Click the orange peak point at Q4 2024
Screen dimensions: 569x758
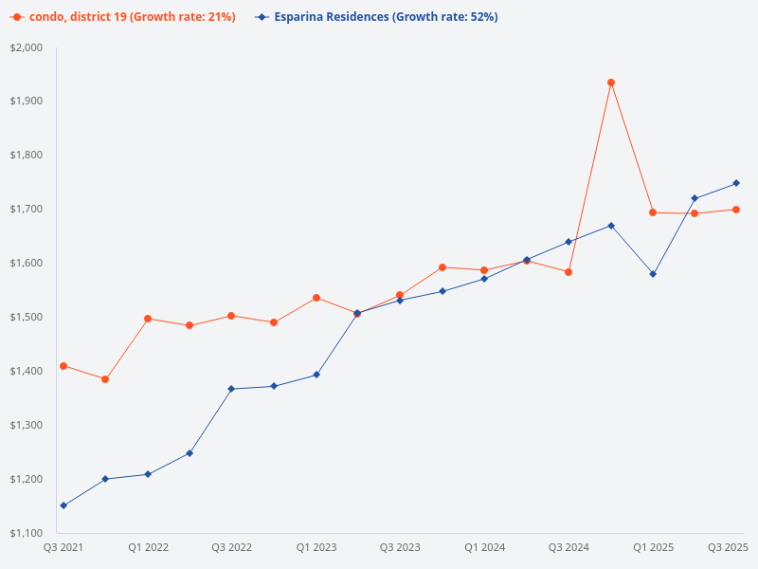click(611, 83)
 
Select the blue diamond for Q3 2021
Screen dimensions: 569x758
click(63, 505)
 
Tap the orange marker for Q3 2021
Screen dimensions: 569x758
click(63, 366)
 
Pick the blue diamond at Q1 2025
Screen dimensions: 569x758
click(653, 274)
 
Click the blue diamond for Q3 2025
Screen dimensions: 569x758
click(737, 183)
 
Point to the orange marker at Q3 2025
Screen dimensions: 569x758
click(737, 210)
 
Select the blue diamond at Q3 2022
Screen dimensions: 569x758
click(231, 389)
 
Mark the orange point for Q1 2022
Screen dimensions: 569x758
click(148, 319)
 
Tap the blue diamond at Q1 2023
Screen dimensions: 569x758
click(316, 375)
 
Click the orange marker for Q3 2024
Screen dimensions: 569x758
click(568, 272)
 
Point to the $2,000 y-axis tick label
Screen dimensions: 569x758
click(27, 47)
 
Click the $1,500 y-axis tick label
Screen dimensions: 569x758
click(27, 317)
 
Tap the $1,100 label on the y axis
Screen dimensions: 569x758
click(27, 533)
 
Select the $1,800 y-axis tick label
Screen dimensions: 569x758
click(27, 156)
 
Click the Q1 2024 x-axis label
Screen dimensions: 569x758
click(484, 547)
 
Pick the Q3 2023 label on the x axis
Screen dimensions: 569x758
click(400, 547)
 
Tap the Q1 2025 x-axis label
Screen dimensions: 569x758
click(653, 547)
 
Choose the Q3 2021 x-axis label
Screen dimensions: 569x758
click(63, 547)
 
